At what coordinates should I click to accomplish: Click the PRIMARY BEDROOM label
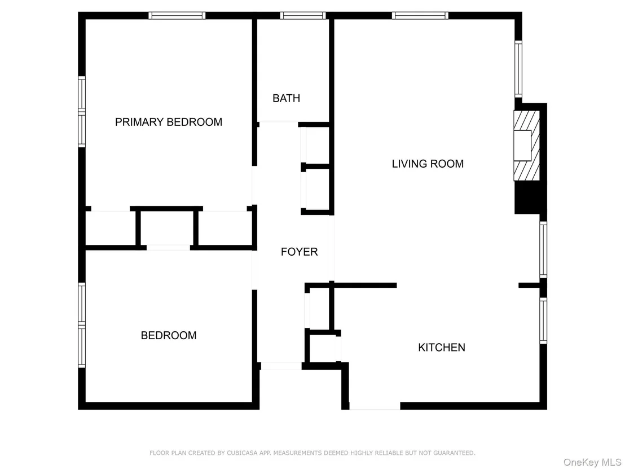point(169,122)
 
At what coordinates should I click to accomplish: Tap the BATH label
point(286,98)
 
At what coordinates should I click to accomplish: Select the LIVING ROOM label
point(428,164)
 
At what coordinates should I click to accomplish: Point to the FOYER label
point(300,252)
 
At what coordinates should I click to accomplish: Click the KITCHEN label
point(442,347)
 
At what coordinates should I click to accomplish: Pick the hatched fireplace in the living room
point(526,146)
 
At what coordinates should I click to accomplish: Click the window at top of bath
point(303,16)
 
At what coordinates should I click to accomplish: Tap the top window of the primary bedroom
point(177,16)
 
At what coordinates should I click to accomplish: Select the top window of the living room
point(420,16)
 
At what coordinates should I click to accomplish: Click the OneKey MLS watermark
point(592,462)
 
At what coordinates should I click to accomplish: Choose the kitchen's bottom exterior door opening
point(375,406)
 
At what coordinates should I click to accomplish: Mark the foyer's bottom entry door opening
point(281,366)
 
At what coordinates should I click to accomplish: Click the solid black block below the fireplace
point(531,198)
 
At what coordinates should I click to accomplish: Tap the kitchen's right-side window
point(543,320)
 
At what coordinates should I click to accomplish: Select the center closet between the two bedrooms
point(167,227)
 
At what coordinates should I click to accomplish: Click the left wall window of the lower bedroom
point(82,325)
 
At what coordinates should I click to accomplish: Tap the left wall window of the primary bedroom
point(82,112)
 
